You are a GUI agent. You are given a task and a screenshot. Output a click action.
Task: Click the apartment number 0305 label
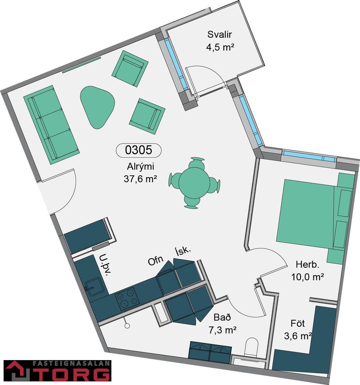(x=138, y=150)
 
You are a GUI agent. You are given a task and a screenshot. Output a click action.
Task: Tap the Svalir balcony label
(x=219, y=34)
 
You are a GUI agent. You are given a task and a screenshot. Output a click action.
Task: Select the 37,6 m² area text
(x=140, y=179)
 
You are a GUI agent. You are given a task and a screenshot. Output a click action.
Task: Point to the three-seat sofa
(x=51, y=124)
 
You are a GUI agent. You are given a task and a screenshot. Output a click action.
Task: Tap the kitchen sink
(x=93, y=286)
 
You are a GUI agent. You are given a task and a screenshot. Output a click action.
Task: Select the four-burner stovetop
(x=127, y=298)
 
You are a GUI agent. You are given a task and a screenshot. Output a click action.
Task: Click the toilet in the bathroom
(x=252, y=347)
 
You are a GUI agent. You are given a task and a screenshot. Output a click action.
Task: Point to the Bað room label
(x=222, y=317)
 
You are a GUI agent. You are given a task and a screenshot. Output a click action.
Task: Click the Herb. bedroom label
(x=308, y=265)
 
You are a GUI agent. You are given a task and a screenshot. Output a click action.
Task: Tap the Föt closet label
(x=298, y=323)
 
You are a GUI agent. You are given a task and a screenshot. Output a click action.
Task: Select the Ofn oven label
(x=155, y=261)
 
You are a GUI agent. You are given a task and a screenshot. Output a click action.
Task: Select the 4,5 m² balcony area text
(x=220, y=47)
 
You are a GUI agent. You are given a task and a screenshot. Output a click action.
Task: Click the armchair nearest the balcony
(x=130, y=68)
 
